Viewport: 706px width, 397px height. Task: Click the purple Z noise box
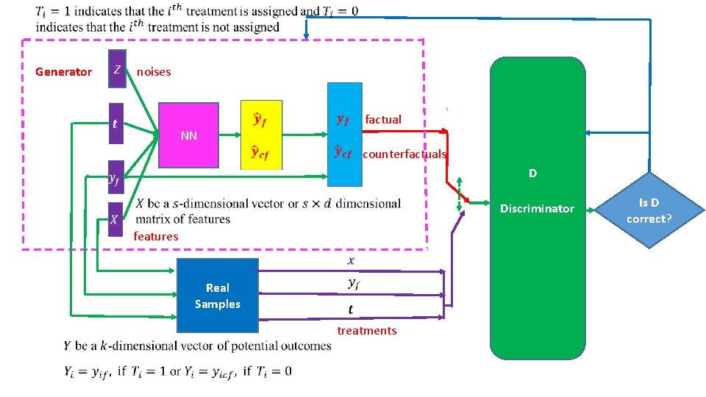(x=117, y=68)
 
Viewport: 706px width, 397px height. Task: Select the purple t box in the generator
(x=115, y=123)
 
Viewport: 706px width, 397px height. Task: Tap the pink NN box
(x=189, y=135)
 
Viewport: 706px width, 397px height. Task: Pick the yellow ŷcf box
(x=261, y=153)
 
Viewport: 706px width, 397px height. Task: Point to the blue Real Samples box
(x=217, y=296)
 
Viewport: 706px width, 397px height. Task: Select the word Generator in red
(x=64, y=72)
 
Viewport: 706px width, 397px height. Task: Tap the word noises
(x=154, y=72)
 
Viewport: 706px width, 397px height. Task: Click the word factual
(x=383, y=119)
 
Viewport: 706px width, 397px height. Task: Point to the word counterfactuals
(x=404, y=154)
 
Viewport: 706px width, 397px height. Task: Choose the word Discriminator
(x=537, y=209)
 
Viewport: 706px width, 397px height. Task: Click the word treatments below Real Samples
(x=367, y=331)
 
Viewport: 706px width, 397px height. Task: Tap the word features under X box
(x=156, y=237)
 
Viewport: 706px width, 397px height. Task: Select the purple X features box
(x=115, y=219)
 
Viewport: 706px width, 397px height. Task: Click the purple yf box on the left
(x=115, y=179)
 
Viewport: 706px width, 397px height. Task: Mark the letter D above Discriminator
(x=532, y=174)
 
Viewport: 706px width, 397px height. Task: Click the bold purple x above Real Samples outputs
(x=351, y=260)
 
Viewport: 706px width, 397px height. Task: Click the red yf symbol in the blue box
(x=343, y=119)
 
